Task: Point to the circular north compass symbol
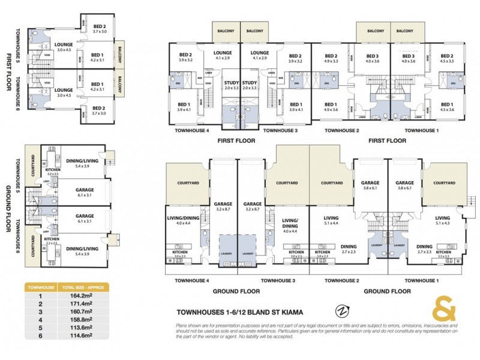pos(342,311)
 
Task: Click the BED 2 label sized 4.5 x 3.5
pos(447,58)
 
